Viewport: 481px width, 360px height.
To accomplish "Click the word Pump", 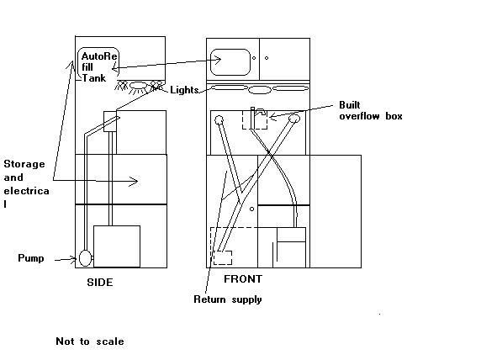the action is (x=30, y=257).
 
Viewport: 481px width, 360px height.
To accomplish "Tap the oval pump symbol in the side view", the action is (x=85, y=258).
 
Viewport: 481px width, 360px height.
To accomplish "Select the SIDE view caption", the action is (x=100, y=283).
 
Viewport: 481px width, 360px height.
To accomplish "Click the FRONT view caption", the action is (x=243, y=279).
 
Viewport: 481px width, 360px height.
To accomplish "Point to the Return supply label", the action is (x=228, y=299).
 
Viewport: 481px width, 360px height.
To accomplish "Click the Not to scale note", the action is (x=90, y=341).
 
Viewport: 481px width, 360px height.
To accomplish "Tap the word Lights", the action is (x=184, y=90).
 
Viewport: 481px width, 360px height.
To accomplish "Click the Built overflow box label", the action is (x=371, y=110).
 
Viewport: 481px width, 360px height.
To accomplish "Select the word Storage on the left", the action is (x=24, y=164).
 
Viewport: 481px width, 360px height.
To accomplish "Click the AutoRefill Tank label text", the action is (x=98, y=67).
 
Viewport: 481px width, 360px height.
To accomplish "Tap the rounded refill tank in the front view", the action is (x=230, y=62).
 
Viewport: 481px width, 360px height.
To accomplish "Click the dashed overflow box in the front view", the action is (x=255, y=119).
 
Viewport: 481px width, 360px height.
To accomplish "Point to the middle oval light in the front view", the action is (x=260, y=90).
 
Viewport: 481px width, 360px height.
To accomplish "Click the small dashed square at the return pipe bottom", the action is (x=223, y=257).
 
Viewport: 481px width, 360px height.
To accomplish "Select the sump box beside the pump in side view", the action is (x=117, y=246).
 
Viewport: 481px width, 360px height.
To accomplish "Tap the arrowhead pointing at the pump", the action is (x=74, y=259).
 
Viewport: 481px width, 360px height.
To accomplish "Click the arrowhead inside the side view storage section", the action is (x=134, y=182).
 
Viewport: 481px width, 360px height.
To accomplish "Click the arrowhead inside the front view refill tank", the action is (x=218, y=60).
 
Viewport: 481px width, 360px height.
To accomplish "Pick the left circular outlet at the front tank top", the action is (x=219, y=120).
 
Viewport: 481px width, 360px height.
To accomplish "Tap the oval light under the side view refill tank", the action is (x=139, y=85).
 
